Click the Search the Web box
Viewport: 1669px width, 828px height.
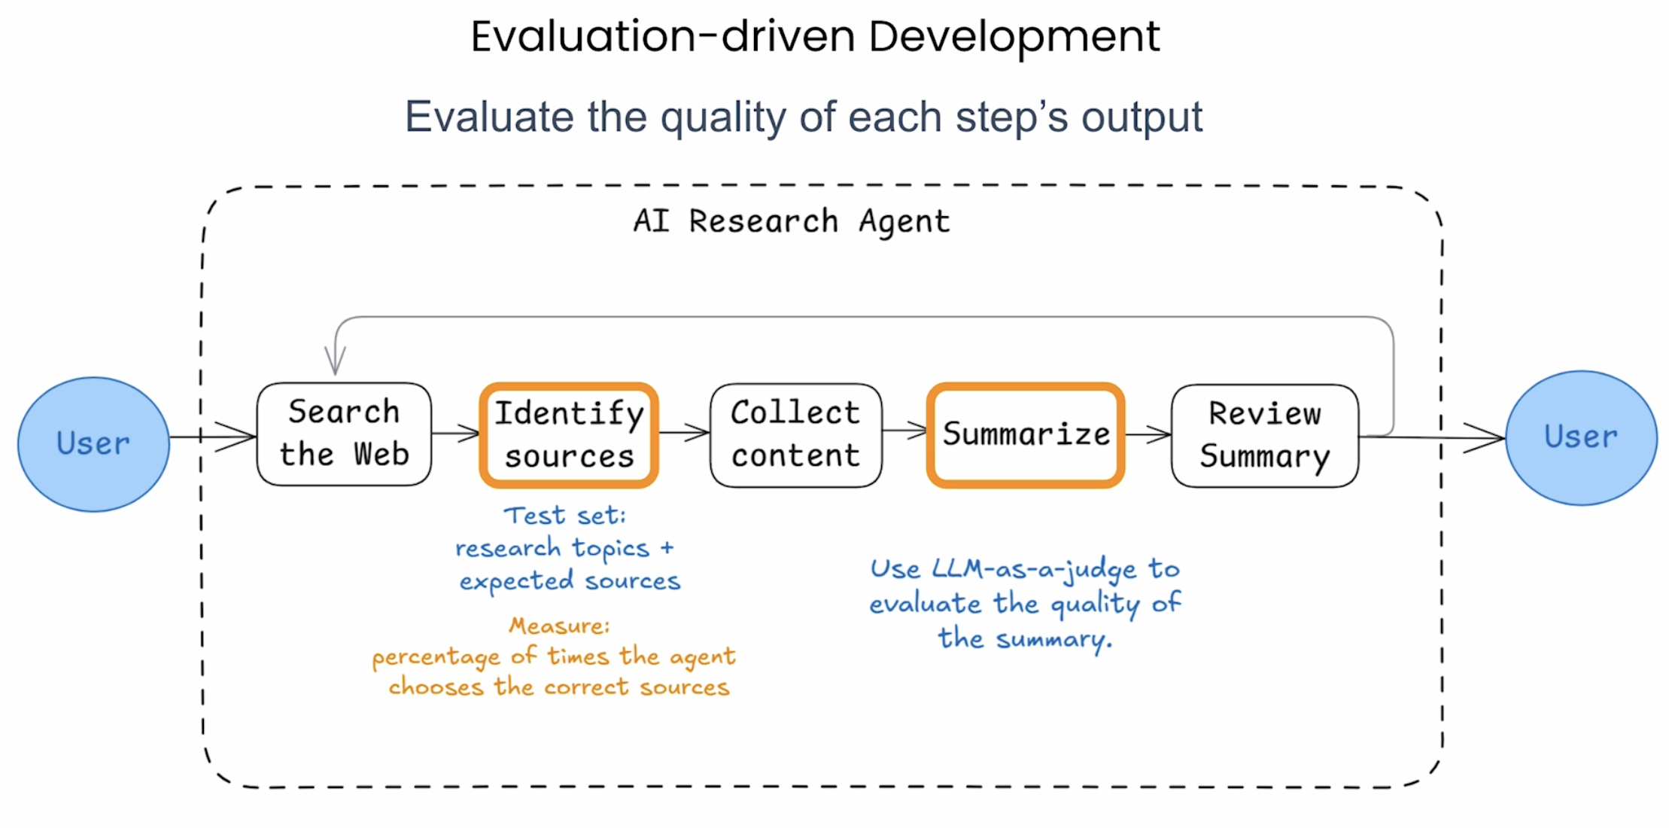pos(344,434)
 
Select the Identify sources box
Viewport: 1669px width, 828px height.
pos(570,435)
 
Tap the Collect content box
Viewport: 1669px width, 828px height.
pos(796,435)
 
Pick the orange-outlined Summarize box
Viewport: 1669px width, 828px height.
pos(1026,435)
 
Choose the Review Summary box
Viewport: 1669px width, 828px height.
pos(1265,436)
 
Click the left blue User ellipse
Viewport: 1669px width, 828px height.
pos(93,444)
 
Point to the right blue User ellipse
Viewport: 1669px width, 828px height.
pos(1581,437)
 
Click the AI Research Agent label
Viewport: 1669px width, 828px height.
pos(791,221)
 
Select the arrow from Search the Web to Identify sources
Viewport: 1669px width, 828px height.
pos(456,433)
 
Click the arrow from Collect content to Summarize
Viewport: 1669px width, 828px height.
pos(904,431)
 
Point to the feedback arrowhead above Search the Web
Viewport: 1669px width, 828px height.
pos(335,361)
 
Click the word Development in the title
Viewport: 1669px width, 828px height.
pos(1014,37)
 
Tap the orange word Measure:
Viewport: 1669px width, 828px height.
pos(559,626)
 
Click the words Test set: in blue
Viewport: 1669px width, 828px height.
pos(564,516)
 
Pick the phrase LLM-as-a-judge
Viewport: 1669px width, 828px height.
pos(1034,570)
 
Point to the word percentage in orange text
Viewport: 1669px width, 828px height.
pos(436,658)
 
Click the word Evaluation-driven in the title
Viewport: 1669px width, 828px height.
pos(663,37)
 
